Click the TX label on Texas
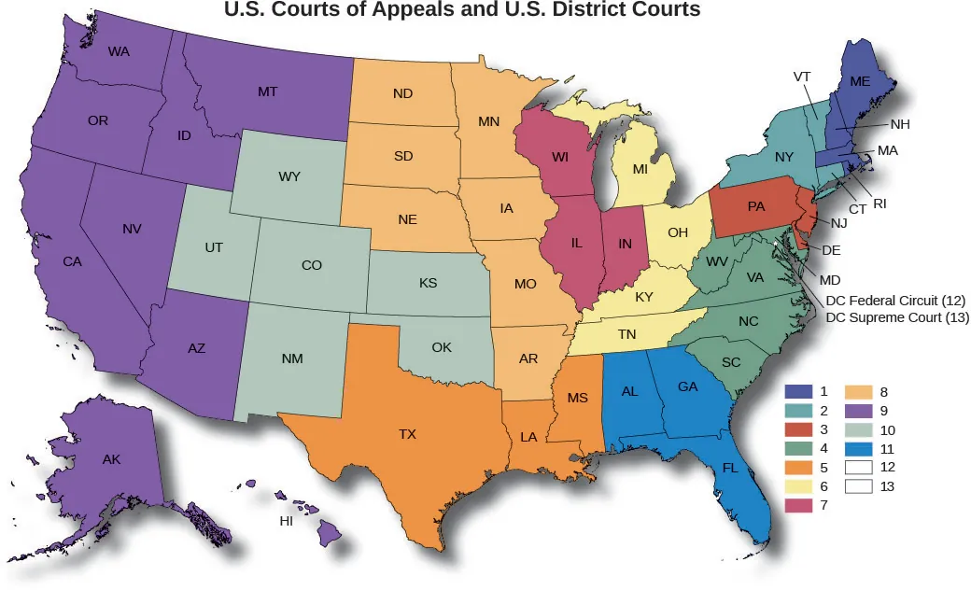coord(407,434)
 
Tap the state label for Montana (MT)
coord(267,92)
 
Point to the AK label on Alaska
coord(112,459)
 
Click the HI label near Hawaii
coord(287,521)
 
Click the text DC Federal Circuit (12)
coord(895,300)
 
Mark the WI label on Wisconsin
coord(560,157)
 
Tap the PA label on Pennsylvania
coord(756,206)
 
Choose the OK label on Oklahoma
coord(442,348)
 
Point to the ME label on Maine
coord(860,82)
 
